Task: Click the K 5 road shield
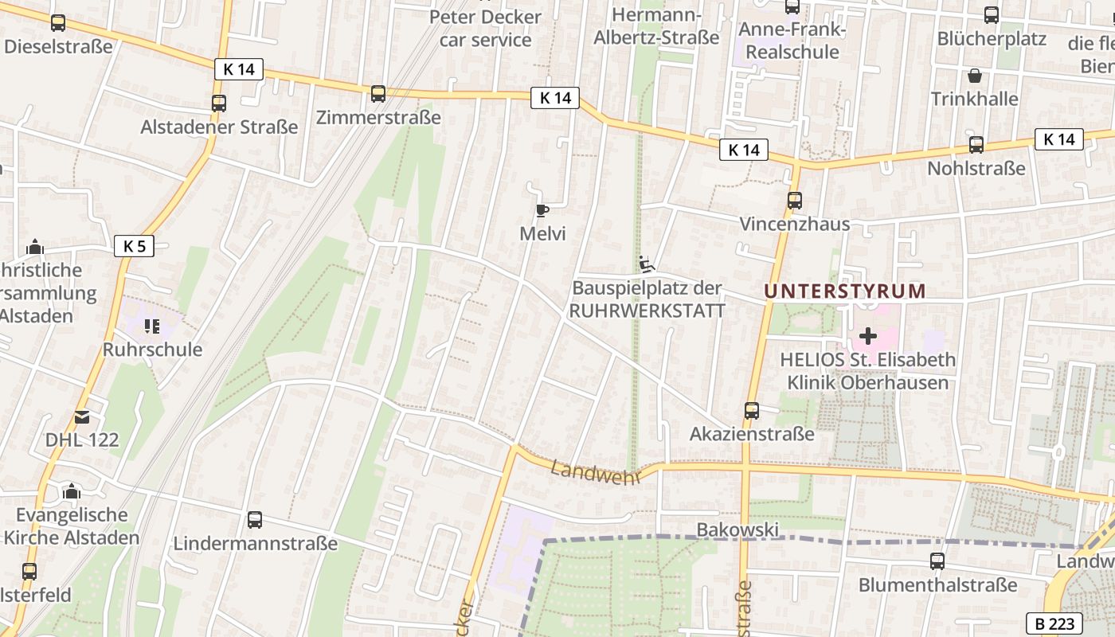134,246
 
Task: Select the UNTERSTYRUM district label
845,291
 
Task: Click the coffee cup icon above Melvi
542,210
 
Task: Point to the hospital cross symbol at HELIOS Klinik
868,336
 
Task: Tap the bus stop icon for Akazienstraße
751,411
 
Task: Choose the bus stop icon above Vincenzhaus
794,201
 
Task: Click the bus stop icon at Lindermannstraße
255,520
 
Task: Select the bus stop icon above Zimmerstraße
378,94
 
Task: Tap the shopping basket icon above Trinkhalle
974,76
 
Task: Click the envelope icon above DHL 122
82,416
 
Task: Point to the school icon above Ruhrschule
152,326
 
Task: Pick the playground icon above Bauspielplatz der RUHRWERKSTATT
646,263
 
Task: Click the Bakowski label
726,530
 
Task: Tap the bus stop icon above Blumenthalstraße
937,561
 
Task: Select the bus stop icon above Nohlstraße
976,145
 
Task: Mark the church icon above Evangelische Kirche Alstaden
72,491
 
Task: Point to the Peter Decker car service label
485,28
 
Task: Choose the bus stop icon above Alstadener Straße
219,104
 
